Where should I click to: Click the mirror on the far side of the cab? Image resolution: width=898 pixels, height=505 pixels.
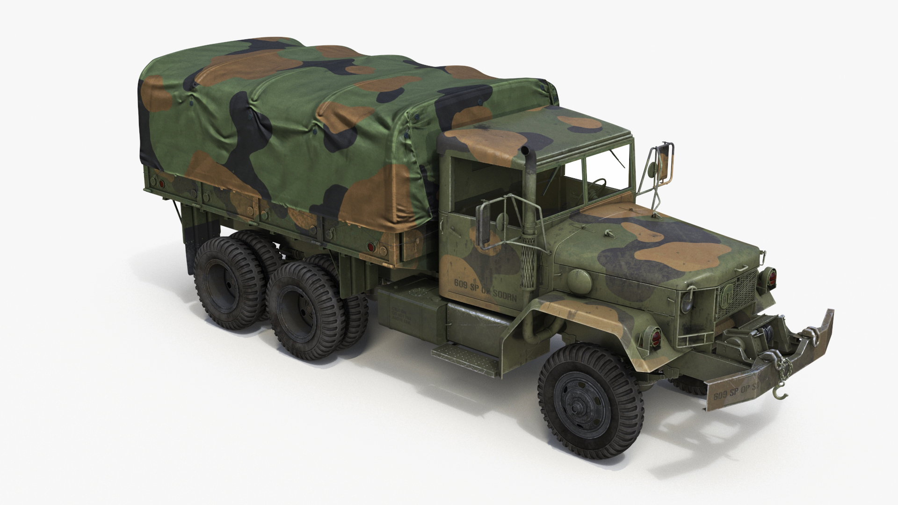[664, 161]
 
